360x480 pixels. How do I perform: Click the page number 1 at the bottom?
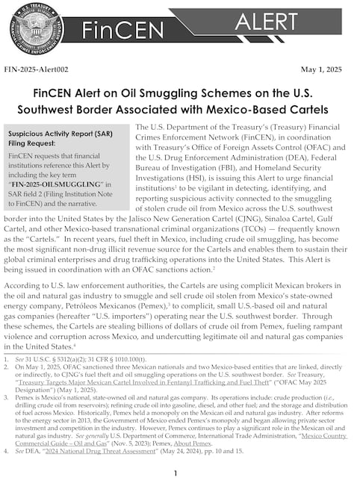click(175, 473)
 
